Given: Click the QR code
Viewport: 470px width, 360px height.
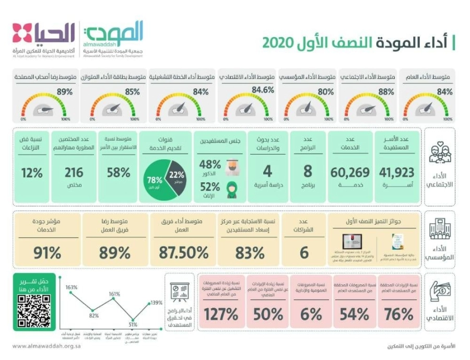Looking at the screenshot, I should click(34, 310).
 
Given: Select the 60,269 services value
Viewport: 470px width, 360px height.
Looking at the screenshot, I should click(350, 172).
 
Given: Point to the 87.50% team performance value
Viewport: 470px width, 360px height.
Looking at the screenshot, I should click(182, 252).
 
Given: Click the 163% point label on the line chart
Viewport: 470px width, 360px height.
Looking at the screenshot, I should click(72, 287).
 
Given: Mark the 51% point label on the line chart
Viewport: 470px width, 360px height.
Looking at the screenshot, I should click(133, 324).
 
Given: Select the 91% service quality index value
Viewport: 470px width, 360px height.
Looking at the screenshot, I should click(48, 252).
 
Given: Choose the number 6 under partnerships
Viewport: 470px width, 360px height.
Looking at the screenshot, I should click(303, 252).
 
